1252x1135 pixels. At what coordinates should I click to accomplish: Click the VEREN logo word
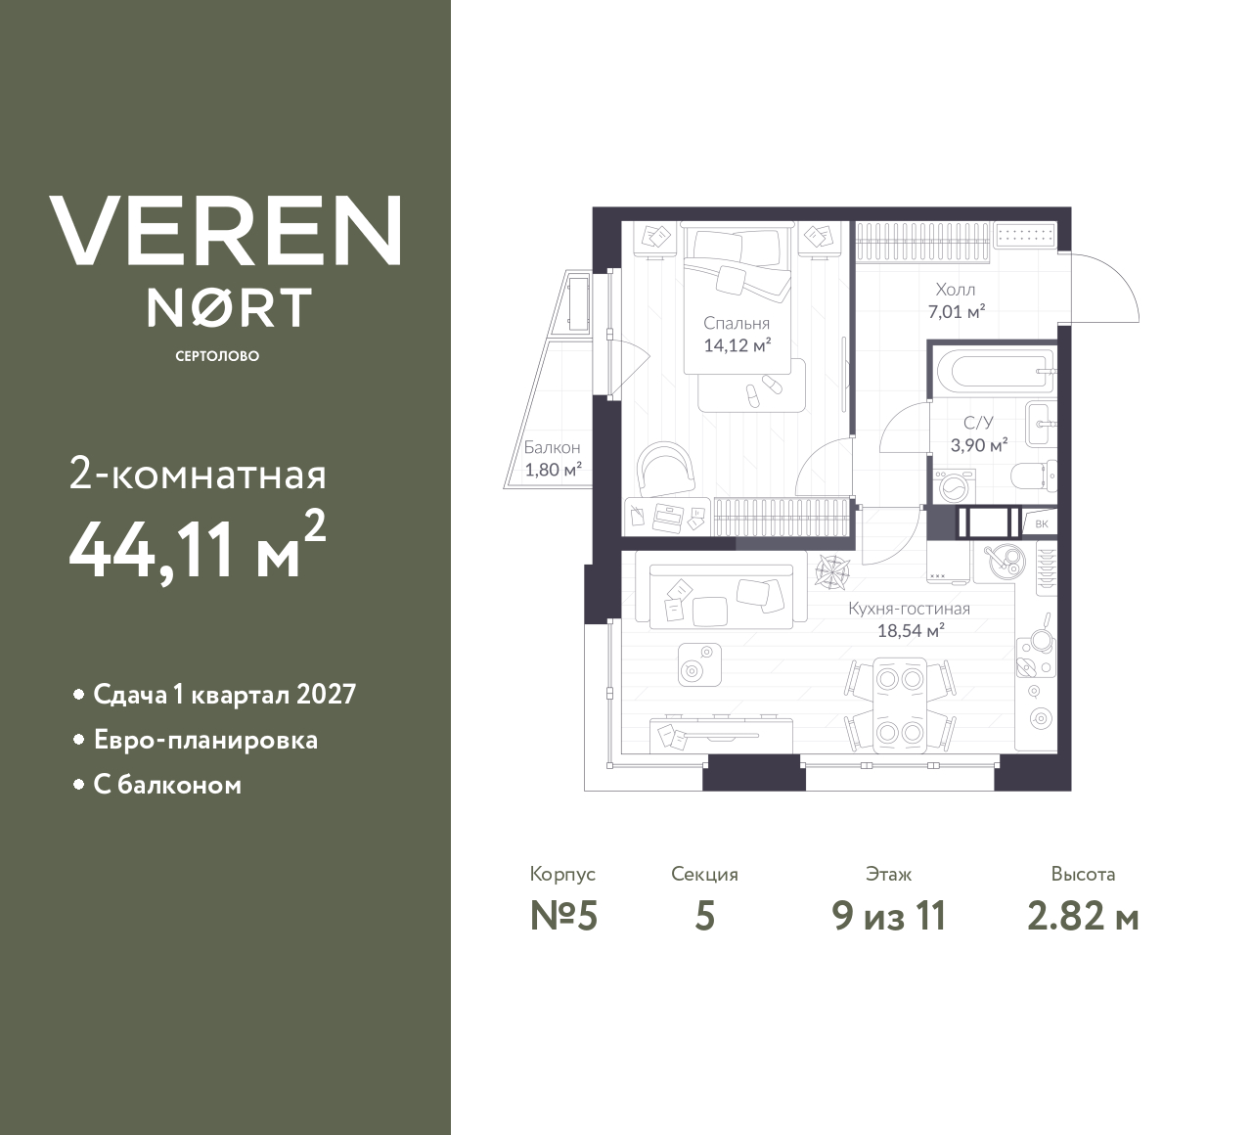226,230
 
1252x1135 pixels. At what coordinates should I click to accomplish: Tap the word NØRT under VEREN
229,307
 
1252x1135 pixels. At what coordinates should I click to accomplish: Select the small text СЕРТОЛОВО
217,356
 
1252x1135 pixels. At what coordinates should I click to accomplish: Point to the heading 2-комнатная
198,476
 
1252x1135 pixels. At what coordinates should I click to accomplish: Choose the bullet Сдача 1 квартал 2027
224,695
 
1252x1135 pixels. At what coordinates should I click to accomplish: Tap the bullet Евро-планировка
205,740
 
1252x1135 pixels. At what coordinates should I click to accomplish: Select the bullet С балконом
167,785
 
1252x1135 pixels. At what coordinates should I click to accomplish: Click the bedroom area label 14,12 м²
737,344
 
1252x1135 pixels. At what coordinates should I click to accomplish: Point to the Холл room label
955,290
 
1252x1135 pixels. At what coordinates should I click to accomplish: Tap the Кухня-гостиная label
909,609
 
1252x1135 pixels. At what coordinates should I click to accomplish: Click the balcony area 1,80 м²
553,469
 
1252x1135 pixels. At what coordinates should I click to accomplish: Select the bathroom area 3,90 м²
978,445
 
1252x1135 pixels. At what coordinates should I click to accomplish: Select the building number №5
562,917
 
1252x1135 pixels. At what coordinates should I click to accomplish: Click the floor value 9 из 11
888,917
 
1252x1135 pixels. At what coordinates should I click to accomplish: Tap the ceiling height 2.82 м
1083,917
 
